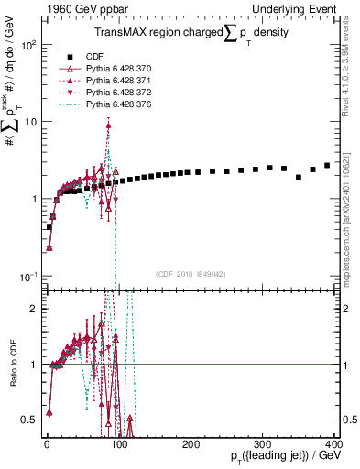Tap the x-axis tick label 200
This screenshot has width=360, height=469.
click(x=190, y=443)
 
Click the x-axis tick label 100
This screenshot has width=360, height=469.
click(x=118, y=443)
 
